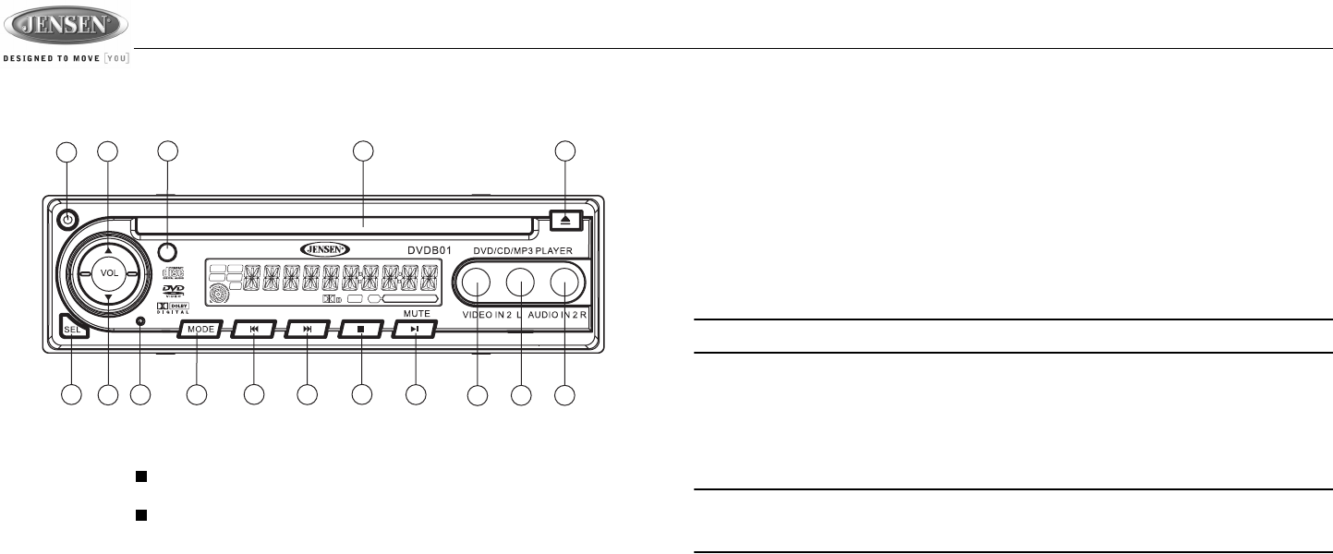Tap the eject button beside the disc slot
(563, 220)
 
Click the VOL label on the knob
(109, 274)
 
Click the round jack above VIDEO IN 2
(476, 282)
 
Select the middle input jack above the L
(521, 282)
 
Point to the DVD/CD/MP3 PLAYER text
(524, 250)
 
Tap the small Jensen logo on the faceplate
(325, 249)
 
